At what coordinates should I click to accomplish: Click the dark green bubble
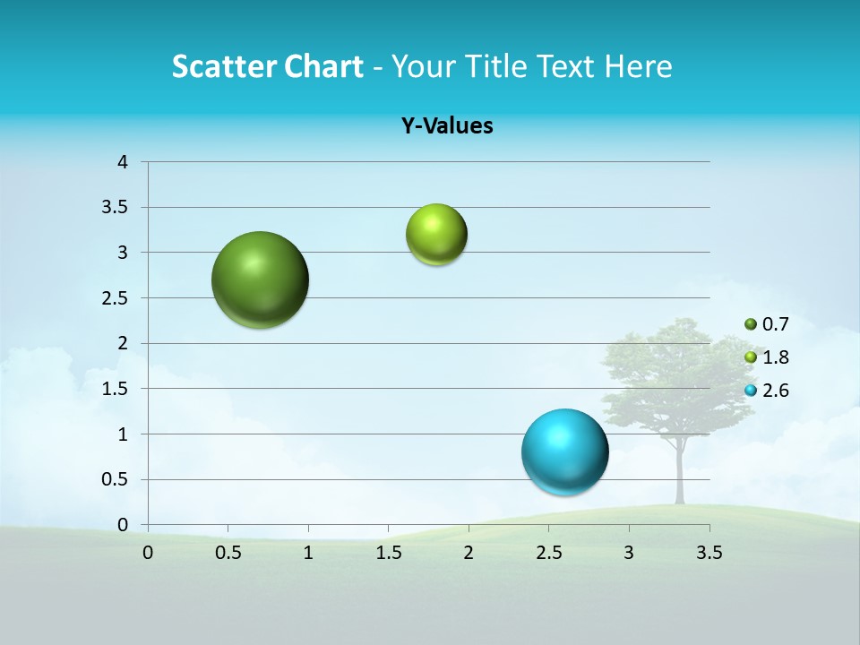click(260, 279)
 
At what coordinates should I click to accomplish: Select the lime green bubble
click(436, 235)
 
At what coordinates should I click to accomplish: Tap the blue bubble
click(564, 451)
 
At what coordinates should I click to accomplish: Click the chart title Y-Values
click(447, 126)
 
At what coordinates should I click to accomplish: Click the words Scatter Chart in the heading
click(267, 66)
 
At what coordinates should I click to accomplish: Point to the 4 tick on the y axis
click(123, 162)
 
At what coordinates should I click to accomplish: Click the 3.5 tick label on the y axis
click(116, 208)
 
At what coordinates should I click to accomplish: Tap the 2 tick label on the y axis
click(123, 343)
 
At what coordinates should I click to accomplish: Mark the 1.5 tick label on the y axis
click(116, 389)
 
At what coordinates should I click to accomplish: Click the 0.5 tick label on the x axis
click(228, 553)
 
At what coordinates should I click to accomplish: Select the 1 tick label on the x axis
click(308, 553)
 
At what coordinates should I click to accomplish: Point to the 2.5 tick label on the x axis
click(548, 553)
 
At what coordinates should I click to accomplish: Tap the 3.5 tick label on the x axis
click(709, 553)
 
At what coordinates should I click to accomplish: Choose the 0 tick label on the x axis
click(148, 553)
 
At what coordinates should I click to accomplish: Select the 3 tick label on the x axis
click(629, 553)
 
